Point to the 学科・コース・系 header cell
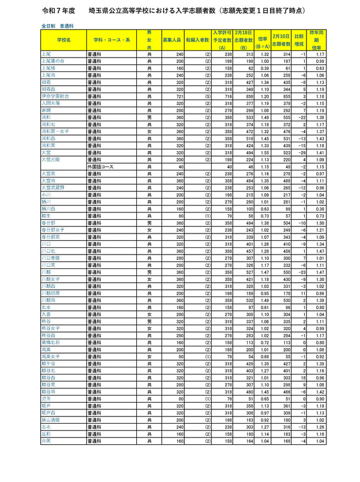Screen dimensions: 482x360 click(x=112, y=40)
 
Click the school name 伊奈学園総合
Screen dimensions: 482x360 click(x=55, y=96)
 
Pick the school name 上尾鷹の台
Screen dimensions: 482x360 click(x=53, y=61)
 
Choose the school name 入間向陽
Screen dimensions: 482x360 click(x=51, y=103)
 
